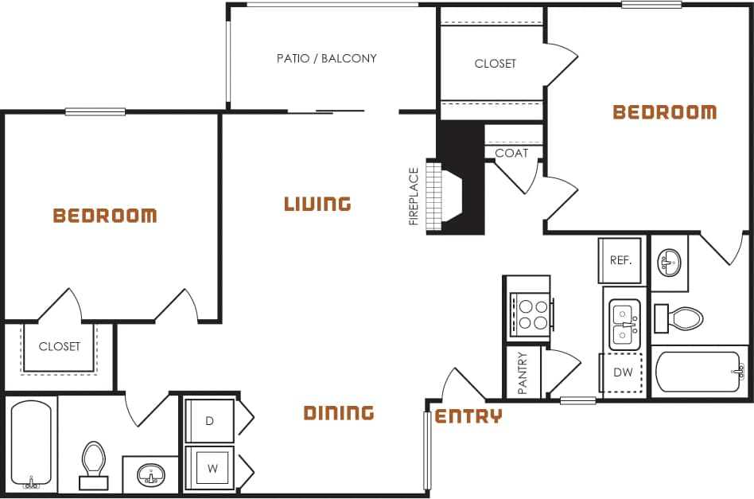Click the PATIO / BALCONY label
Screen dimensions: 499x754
[x=326, y=58]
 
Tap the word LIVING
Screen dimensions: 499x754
[x=317, y=204]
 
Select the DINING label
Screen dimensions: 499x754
[x=339, y=412]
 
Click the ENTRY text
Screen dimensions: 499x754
[x=468, y=415]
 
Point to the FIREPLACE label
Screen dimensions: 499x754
[x=414, y=197]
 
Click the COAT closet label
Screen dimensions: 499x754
[x=511, y=153]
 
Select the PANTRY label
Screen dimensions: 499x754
[x=523, y=372]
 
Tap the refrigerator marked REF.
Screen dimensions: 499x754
[x=620, y=260]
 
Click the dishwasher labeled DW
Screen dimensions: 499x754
[x=623, y=372]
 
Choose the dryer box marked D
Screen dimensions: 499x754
[x=210, y=421]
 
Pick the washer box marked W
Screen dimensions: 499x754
[x=212, y=469]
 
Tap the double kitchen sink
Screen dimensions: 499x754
[x=624, y=325]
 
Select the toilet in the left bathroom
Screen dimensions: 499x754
[x=93, y=464]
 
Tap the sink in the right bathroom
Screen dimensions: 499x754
[x=668, y=261]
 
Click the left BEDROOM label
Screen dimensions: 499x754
[x=104, y=215]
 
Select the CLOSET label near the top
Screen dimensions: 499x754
[x=495, y=64]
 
